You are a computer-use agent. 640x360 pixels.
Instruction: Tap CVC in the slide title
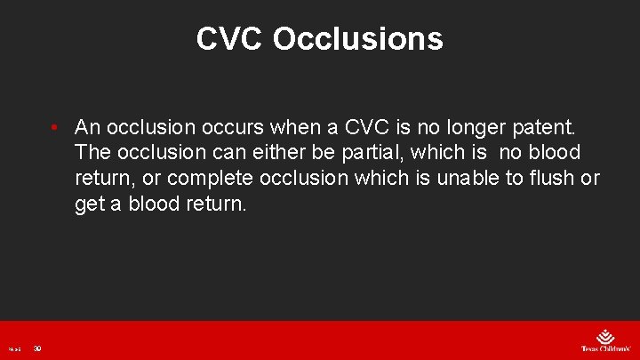click(230, 38)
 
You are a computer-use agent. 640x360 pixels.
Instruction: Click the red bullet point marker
click(55, 126)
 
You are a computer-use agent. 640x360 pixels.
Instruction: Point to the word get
click(91, 204)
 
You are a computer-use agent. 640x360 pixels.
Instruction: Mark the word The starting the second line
click(93, 152)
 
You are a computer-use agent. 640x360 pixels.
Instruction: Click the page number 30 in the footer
click(37, 348)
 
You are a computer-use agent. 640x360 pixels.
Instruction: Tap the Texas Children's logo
click(604, 340)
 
